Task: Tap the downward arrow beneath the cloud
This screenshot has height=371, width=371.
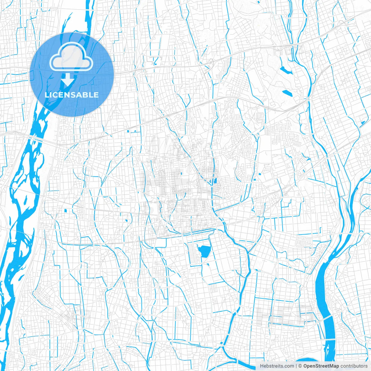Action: point(68,80)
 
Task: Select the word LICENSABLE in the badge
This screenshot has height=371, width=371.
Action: point(72,95)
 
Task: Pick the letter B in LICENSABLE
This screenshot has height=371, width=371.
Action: point(85,95)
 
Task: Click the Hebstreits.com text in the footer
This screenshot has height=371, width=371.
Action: point(277,366)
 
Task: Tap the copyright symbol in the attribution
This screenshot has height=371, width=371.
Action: point(300,366)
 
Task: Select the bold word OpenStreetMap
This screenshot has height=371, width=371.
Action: point(321,366)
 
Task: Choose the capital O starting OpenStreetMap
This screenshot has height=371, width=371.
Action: point(305,366)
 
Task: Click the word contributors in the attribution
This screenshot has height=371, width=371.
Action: point(354,366)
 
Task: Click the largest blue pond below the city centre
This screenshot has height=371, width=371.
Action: point(204,250)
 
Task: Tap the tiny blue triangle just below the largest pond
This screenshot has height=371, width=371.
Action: point(208,264)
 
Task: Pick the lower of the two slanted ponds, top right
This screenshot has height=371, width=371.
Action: point(288,93)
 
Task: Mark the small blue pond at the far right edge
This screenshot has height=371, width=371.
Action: point(363,122)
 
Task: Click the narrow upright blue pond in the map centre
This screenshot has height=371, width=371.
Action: point(215,181)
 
